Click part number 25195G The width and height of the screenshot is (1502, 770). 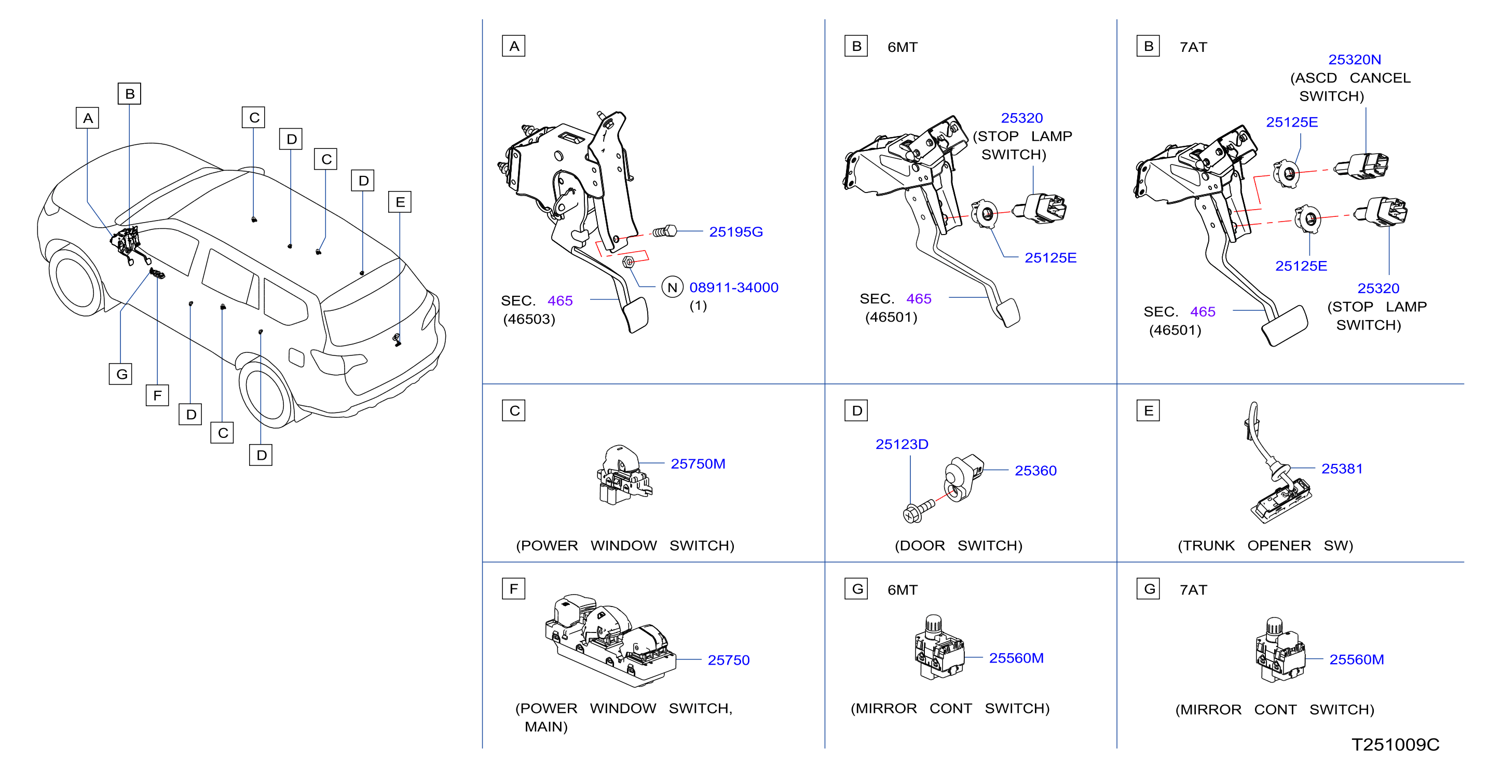click(735, 232)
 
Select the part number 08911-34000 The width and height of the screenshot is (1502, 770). click(733, 287)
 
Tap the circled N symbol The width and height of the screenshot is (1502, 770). click(672, 287)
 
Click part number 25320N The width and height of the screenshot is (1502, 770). click(1354, 60)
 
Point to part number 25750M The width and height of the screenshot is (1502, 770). click(698, 464)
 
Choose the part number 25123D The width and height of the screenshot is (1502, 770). click(902, 444)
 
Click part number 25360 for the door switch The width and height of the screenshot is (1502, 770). click(1035, 471)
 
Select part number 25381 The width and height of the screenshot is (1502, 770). click(1342, 469)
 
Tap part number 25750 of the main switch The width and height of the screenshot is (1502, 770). click(728, 660)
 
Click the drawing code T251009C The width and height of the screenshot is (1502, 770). click(1395, 745)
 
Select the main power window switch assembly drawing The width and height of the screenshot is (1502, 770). click(610, 641)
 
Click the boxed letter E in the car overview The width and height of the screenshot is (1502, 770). click(400, 202)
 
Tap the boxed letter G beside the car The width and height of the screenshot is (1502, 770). click(121, 374)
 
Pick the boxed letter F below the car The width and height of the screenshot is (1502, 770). click(157, 395)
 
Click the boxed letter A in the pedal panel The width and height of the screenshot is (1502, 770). click(514, 46)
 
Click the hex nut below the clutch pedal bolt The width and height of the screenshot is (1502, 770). click(628, 262)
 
